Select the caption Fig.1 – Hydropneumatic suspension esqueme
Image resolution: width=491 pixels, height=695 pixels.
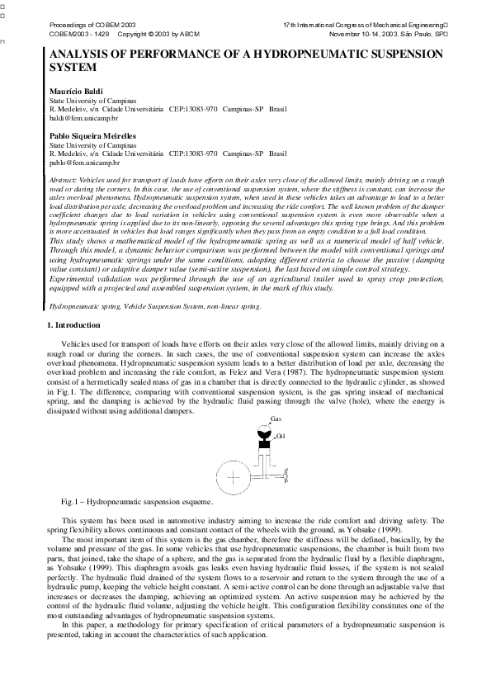(x=137, y=502)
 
